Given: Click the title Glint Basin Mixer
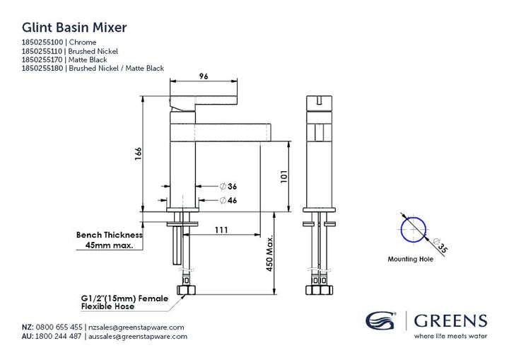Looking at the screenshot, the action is click(x=74, y=28).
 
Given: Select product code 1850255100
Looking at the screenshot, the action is click(x=42, y=42).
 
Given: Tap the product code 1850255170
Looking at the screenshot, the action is click(x=42, y=60).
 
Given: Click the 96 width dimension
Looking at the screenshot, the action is click(x=204, y=76).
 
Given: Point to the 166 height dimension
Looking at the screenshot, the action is click(x=139, y=153).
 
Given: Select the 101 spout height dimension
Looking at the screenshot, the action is click(x=284, y=176).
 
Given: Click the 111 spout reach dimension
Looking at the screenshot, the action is click(x=221, y=230).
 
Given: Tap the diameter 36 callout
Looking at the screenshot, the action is click(x=228, y=186).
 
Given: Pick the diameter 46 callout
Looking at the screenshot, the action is click(x=228, y=200).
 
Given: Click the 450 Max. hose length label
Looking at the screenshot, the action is click(x=270, y=253).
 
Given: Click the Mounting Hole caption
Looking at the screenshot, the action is click(x=410, y=259).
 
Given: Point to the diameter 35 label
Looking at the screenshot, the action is click(x=440, y=245).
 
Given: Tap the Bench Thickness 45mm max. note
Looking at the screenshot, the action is click(x=110, y=240).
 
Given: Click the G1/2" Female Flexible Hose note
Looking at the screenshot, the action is click(x=124, y=303).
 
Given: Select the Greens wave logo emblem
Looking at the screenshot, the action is click(x=380, y=320).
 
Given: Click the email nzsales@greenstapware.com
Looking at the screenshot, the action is click(x=136, y=327).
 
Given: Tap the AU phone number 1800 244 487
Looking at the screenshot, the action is click(x=58, y=336).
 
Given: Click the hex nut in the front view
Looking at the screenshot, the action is click(x=185, y=290).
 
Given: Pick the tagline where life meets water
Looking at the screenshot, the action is click(x=450, y=336).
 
